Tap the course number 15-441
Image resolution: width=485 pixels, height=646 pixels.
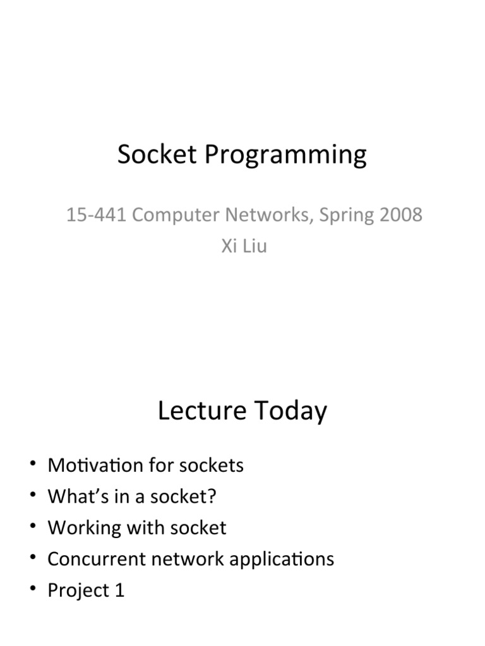[x=97, y=215]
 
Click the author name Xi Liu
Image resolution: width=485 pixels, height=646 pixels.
[x=244, y=246]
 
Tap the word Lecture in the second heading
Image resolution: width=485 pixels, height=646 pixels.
[x=201, y=411]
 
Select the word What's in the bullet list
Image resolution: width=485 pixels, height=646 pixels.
[x=74, y=496]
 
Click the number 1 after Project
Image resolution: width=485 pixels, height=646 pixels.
[x=119, y=590]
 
